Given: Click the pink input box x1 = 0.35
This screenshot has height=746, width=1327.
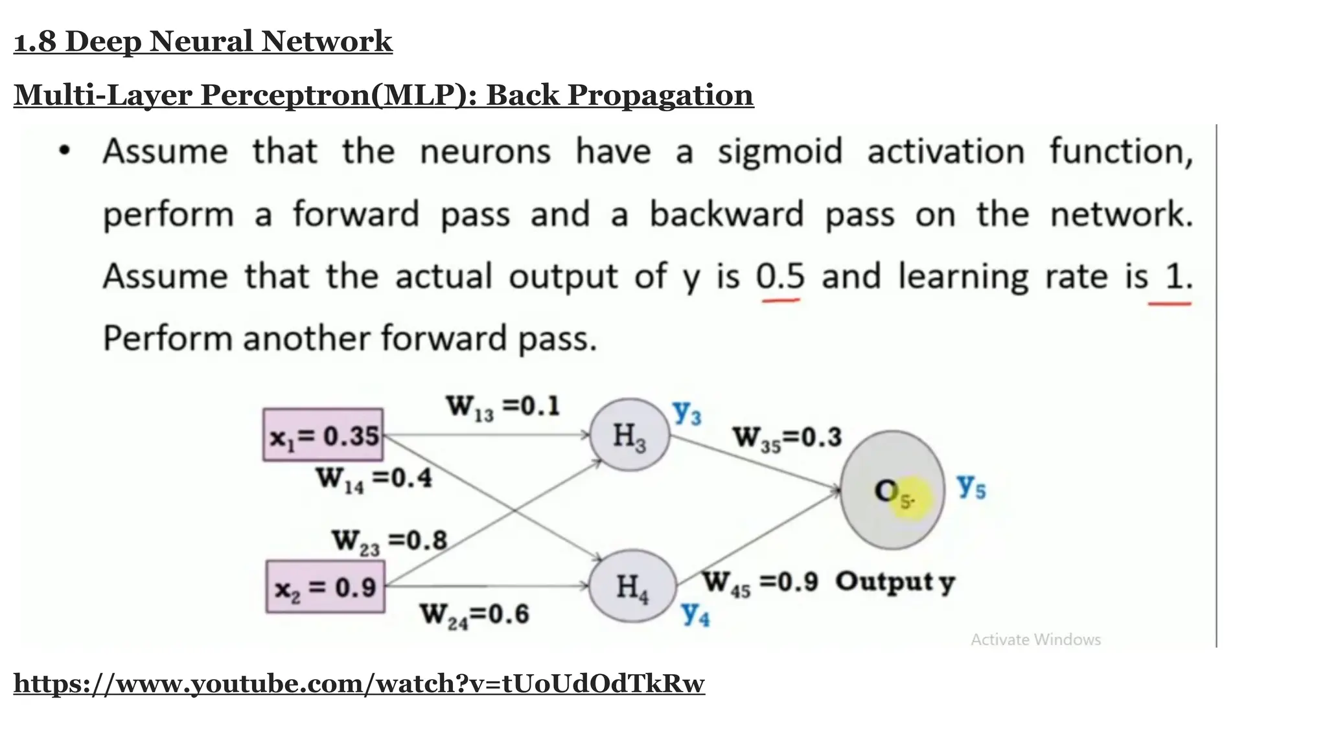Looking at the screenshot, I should (323, 435).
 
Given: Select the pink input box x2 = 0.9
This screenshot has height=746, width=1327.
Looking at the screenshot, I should (325, 587).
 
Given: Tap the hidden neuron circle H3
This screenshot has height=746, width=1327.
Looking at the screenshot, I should (629, 435).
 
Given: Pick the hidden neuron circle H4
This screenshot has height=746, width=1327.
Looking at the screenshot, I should (632, 587).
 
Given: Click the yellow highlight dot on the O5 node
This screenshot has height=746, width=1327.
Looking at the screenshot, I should (910, 499).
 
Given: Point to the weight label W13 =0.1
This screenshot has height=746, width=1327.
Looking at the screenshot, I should (502, 407).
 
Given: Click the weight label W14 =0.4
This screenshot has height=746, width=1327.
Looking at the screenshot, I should (373, 479).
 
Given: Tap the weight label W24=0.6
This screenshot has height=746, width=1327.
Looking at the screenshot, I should (474, 614).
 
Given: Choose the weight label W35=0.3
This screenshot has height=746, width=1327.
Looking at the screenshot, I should (787, 438).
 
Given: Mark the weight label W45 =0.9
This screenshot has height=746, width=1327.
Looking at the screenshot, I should (761, 582).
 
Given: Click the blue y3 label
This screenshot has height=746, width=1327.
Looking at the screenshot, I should (687, 412).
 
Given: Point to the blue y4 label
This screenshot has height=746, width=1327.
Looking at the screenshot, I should (695, 613).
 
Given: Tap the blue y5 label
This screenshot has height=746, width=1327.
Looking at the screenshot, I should (971, 486).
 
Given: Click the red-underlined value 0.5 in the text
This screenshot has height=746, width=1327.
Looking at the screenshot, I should (780, 277).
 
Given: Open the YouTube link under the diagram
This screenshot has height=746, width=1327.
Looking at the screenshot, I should (359, 684).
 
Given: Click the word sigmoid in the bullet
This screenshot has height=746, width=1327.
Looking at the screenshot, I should (779, 153).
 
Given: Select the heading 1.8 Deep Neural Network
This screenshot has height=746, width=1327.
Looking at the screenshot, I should (203, 41).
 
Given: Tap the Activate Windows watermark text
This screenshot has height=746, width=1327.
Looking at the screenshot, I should (1035, 640).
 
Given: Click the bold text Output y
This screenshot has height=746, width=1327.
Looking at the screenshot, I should (895, 582).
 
